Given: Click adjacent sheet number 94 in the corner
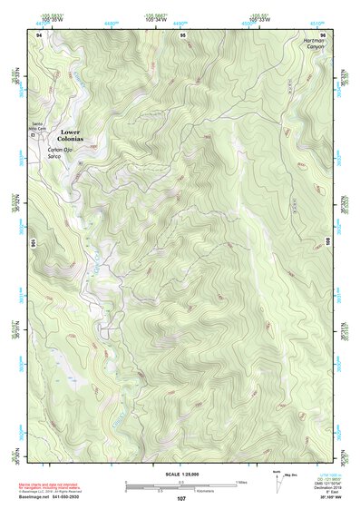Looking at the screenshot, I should tap(39, 34).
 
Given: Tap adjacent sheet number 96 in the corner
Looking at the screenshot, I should tap(323, 34).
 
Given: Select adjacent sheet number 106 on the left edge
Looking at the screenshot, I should tap(34, 243).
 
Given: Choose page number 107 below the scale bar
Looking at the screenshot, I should tap(180, 499).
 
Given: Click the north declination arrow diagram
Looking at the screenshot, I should tap(276, 480).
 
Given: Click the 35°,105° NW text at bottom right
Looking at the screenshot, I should tap(314, 499).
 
